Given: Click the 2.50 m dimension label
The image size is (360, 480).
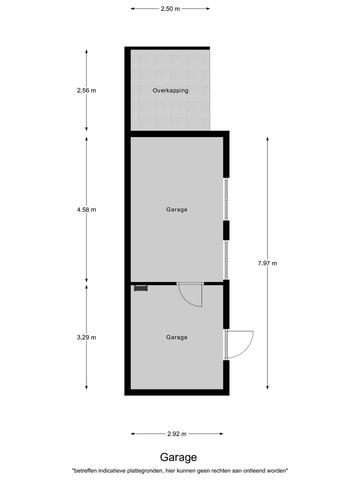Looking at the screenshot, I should [x=170, y=8].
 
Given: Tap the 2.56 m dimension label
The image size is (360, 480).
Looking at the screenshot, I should [x=86, y=90].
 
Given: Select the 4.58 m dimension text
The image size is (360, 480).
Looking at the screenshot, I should [x=86, y=209].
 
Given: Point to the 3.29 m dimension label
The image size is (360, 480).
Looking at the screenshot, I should [x=86, y=337].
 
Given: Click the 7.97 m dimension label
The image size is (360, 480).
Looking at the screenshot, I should [x=267, y=263].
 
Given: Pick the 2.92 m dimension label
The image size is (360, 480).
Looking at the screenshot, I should [x=176, y=434].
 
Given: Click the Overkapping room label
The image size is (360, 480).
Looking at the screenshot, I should [x=170, y=90].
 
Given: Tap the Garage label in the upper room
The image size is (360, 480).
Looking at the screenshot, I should [x=176, y=209].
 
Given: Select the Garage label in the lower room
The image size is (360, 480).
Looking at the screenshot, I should [x=176, y=337].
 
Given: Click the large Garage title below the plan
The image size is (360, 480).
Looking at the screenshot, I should [x=178, y=457].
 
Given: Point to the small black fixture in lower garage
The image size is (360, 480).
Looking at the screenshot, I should [x=140, y=287].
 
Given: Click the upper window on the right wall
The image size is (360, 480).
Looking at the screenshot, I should [x=226, y=199].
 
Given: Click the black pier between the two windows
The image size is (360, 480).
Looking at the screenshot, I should [x=226, y=229].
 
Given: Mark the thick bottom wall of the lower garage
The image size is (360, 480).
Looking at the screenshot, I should [x=176, y=392].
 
